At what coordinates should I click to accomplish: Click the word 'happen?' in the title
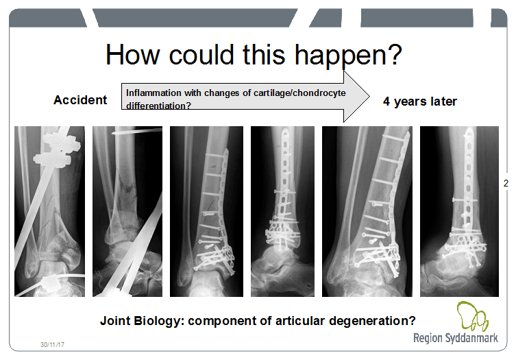(x=348, y=56)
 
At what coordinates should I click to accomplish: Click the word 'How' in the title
(x=133, y=55)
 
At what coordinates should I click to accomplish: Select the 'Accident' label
(x=80, y=100)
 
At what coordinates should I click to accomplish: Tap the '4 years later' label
(x=420, y=101)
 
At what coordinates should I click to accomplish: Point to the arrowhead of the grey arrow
(x=369, y=97)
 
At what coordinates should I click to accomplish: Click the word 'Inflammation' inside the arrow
(x=153, y=93)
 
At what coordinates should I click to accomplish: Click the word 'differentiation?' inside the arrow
(x=158, y=106)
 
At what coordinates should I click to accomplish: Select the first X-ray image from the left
(x=50, y=211)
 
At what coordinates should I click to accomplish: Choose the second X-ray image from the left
(x=127, y=211)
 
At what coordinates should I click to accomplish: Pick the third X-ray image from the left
(x=206, y=211)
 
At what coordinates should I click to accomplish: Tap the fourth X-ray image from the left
(x=282, y=211)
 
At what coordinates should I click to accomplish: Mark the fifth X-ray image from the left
(x=367, y=211)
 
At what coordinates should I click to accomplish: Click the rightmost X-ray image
(x=459, y=211)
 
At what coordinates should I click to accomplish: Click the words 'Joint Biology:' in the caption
(x=142, y=321)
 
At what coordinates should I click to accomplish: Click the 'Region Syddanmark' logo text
(x=456, y=338)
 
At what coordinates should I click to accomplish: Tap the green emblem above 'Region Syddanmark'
(x=472, y=316)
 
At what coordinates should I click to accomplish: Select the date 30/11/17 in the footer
(x=52, y=344)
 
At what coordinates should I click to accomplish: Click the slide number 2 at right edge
(x=506, y=183)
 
